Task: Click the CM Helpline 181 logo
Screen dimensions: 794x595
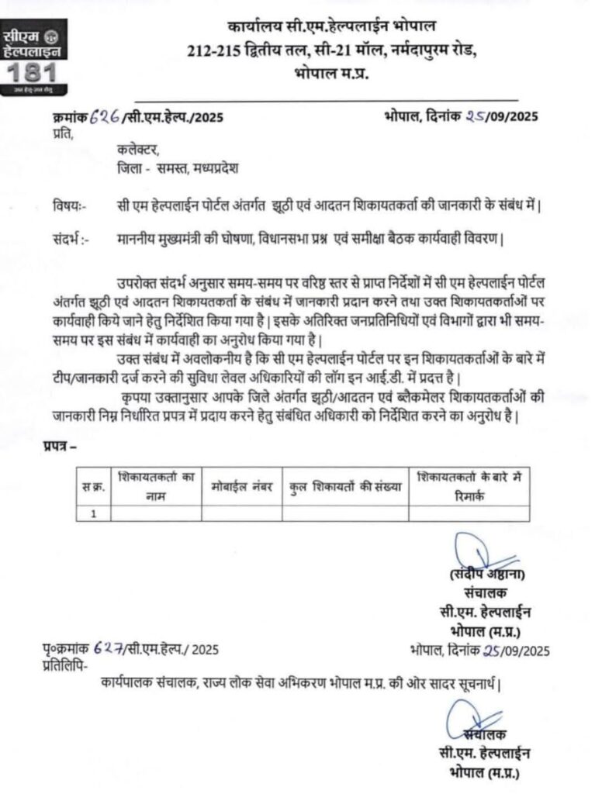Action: (x=36, y=59)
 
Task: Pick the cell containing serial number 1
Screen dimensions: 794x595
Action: (x=93, y=513)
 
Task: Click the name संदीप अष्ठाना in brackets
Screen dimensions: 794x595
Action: (x=487, y=574)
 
